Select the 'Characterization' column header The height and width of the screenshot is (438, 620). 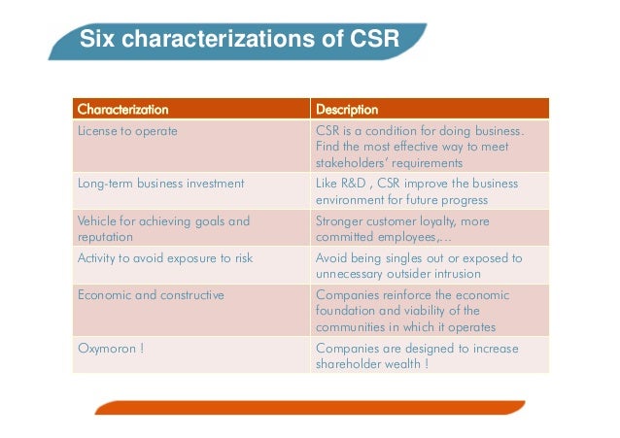click(x=122, y=109)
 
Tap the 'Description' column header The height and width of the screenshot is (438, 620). click(x=347, y=109)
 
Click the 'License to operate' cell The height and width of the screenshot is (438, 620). click(x=127, y=131)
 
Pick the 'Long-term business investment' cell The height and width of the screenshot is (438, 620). click(x=160, y=184)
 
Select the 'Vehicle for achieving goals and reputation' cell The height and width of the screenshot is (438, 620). click(x=163, y=228)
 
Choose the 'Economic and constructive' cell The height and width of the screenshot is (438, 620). click(x=151, y=295)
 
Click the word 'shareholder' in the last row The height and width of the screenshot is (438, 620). click(x=354, y=364)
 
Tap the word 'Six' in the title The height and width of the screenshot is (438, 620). click(x=95, y=40)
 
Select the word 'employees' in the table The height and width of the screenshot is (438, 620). click(x=411, y=236)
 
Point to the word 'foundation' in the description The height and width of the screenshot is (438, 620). click(x=347, y=311)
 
